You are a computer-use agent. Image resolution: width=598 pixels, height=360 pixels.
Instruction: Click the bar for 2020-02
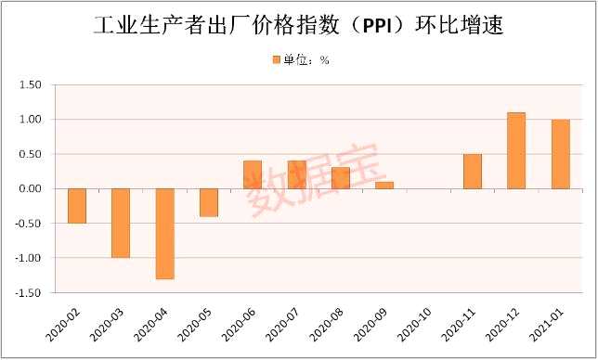tap(77, 205)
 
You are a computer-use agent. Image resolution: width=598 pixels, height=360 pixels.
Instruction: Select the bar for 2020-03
tap(121, 223)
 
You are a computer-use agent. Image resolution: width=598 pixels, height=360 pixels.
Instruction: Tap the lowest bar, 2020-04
tap(165, 233)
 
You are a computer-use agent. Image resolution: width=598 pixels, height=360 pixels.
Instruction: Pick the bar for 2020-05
tap(209, 202)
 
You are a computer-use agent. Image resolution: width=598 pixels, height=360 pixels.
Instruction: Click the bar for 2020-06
tap(253, 174)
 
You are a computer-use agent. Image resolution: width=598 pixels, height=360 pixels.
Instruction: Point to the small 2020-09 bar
tap(384, 185)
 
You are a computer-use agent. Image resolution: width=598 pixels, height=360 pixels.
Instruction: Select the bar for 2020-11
tap(473, 172)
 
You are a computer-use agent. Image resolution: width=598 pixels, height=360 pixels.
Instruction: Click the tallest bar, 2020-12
tap(516, 150)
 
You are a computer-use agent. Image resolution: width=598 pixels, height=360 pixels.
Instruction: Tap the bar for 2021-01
tap(560, 154)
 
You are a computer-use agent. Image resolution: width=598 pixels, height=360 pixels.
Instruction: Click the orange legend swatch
tap(276, 59)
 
